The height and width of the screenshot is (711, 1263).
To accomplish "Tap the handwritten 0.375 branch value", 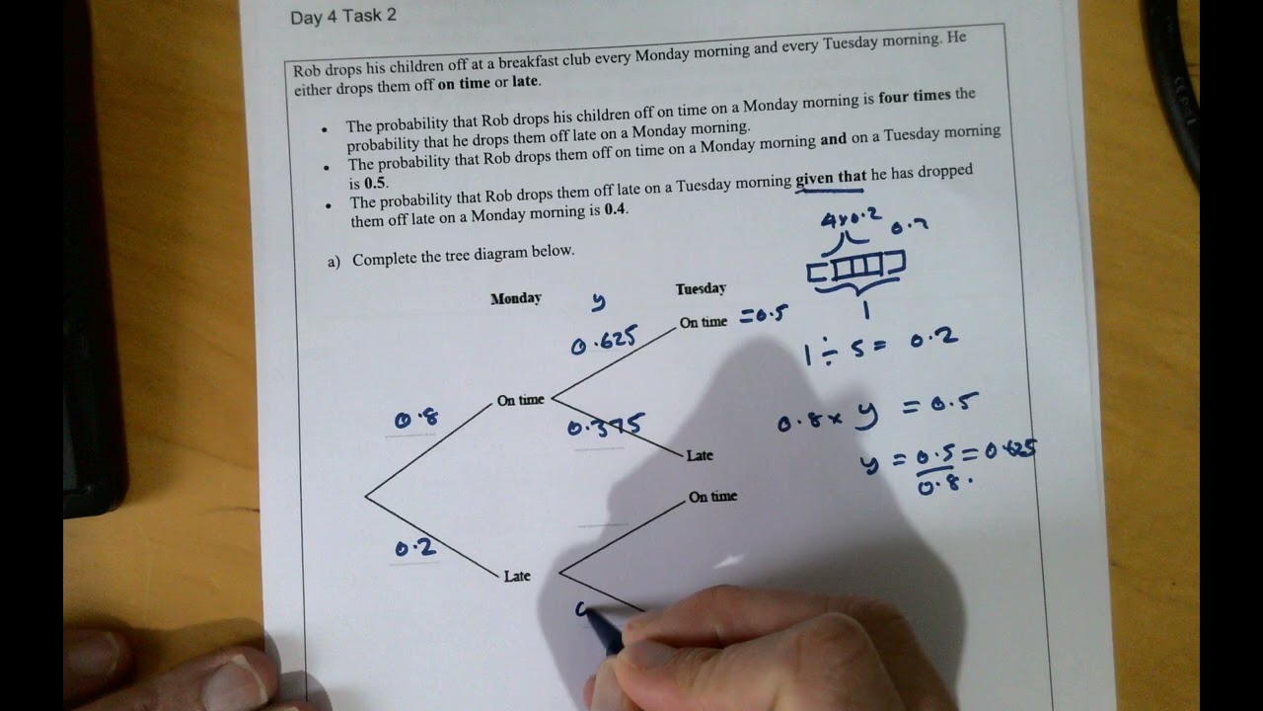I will pos(606,427).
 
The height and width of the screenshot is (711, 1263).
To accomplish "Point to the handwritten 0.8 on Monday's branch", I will pos(415,420).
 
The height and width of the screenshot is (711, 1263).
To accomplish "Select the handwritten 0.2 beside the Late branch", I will pos(415,548).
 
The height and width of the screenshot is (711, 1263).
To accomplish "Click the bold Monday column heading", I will pos(515,298).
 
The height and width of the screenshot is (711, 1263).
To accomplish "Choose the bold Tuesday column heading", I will pos(701,288).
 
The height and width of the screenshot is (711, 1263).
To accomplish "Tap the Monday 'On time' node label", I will pos(520,400).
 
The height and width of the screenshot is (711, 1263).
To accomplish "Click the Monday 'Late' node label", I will pos(517,576).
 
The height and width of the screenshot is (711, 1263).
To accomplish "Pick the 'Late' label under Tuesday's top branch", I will pos(700,455).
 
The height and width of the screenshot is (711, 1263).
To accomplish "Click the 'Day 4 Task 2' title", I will pos(343,17).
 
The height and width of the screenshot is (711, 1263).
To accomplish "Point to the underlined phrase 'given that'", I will pos(831,178).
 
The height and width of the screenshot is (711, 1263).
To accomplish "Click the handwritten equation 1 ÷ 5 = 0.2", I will pos(880,346).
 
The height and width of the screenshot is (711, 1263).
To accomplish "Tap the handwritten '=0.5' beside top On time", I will pos(764,316).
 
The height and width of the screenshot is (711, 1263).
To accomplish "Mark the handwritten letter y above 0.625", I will pos(598,301).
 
